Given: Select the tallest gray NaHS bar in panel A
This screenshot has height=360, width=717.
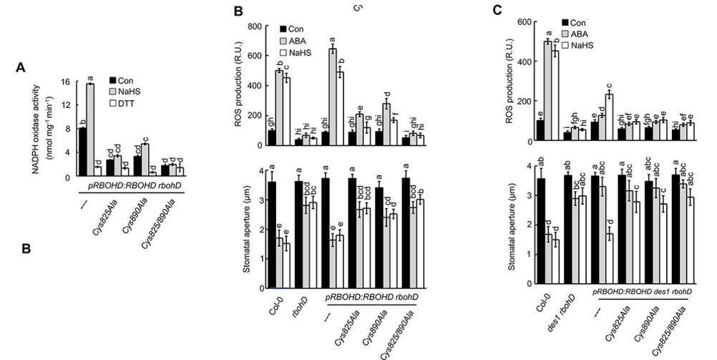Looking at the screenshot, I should pos(111,130).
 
